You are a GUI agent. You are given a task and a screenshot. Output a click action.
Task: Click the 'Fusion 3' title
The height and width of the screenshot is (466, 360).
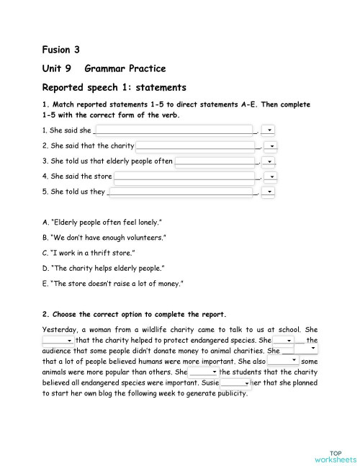click(61, 50)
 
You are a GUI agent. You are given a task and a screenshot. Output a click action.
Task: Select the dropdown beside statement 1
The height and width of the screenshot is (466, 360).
click(269, 130)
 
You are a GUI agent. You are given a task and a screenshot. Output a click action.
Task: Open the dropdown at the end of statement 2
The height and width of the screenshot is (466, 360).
click(270, 146)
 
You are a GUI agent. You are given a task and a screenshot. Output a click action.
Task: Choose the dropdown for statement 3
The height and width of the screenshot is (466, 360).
click(270, 161)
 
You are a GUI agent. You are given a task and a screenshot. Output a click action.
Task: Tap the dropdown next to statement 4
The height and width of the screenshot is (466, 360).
click(270, 176)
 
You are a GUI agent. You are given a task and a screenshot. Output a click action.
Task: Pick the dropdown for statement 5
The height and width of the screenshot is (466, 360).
click(270, 192)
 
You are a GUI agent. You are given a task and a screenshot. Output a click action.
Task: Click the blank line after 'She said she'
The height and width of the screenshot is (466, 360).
click(175, 130)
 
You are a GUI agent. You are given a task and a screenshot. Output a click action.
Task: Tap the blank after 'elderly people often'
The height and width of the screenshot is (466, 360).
click(215, 161)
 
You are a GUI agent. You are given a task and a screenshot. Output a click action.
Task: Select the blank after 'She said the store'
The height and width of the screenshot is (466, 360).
click(185, 176)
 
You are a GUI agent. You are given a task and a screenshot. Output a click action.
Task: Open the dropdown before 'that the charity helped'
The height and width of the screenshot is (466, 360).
click(58, 341)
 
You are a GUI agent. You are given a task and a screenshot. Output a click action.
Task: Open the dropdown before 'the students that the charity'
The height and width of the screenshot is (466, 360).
click(204, 372)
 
